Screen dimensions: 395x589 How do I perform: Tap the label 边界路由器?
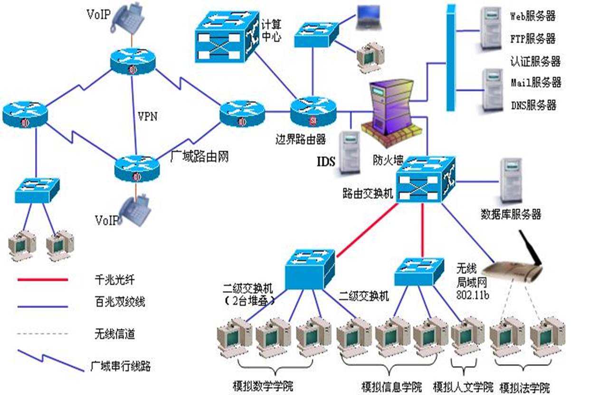[x=301, y=139]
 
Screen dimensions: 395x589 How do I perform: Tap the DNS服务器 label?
[x=533, y=105]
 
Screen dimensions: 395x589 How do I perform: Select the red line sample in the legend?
[x=42, y=279]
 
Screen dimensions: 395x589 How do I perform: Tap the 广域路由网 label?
[x=199, y=156]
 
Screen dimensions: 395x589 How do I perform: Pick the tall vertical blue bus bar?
[x=451, y=57]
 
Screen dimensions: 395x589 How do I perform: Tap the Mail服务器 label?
[x=536, y=83]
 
